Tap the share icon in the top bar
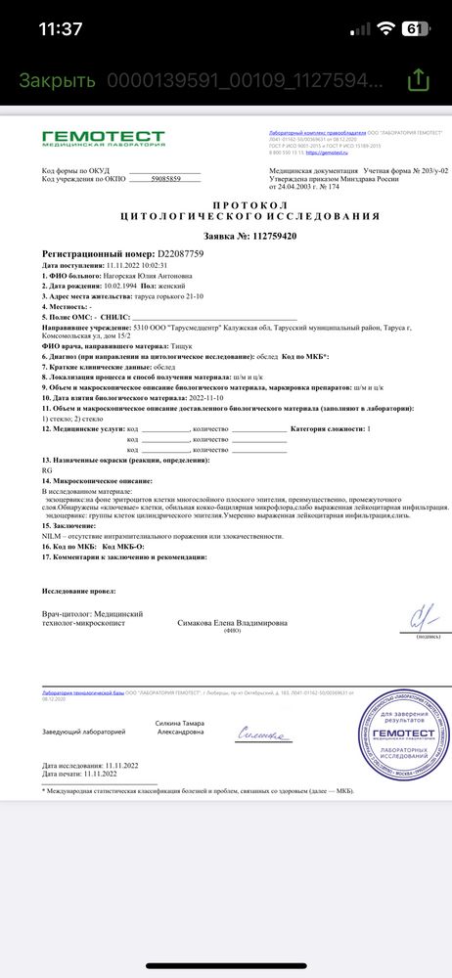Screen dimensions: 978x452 coord(418,80)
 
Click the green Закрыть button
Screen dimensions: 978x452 coord(57,80)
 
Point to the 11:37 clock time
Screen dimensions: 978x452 coord(60,29)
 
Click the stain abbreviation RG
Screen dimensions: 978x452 coord(48,469)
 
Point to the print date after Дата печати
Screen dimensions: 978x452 coord(103,773)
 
